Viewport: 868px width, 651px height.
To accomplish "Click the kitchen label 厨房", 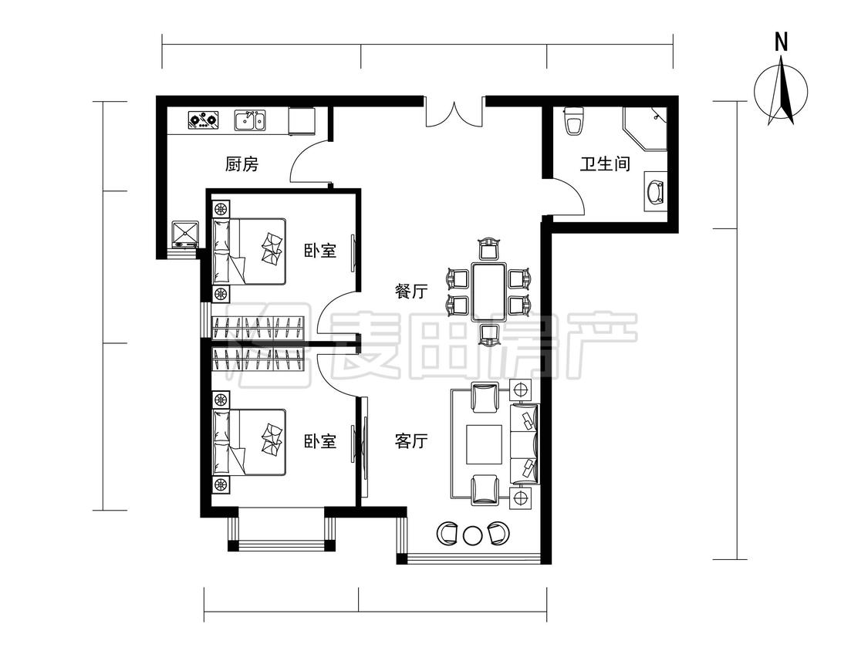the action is coord(242,164).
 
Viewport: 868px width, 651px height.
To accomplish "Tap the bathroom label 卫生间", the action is coord(605,164).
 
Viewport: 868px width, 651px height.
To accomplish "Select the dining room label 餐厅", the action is coord(411,292).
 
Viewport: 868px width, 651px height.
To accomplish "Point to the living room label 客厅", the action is coord(411,441).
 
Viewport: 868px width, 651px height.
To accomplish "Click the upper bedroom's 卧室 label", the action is coord(320,250).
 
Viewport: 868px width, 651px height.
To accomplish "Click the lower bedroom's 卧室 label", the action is coord(320,441).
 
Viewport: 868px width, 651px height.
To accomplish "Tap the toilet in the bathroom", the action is coord(573,121).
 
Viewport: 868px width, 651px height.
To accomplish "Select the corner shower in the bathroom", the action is coord(645,129).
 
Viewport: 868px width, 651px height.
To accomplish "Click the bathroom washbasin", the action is coord(655,191).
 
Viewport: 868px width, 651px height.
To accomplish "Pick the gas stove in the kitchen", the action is coord(203,120).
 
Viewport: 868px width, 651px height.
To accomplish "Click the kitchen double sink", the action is coord(250,120).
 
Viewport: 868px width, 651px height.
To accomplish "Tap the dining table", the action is coord(489,292).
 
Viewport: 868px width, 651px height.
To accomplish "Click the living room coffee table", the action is coord(485,444).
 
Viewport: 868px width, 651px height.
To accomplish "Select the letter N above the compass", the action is coord(781,42).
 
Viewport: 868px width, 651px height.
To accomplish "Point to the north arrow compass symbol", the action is coord(781,92).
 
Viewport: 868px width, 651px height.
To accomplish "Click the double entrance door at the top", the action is coord(454,113).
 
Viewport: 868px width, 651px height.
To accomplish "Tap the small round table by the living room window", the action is coord(472,535).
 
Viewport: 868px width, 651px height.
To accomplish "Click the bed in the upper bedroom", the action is coord(249,252).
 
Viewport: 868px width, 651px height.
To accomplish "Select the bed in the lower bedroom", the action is coord(249,443).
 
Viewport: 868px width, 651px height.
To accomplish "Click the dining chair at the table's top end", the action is coord(489,248).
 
